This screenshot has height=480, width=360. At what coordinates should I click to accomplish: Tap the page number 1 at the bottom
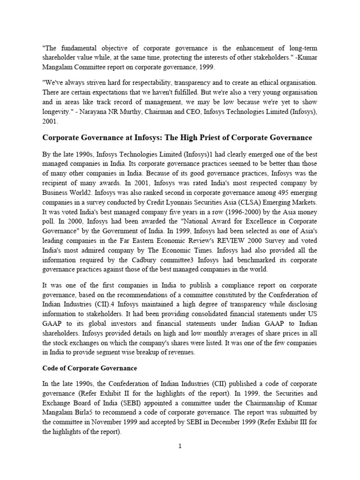[180, 446]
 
